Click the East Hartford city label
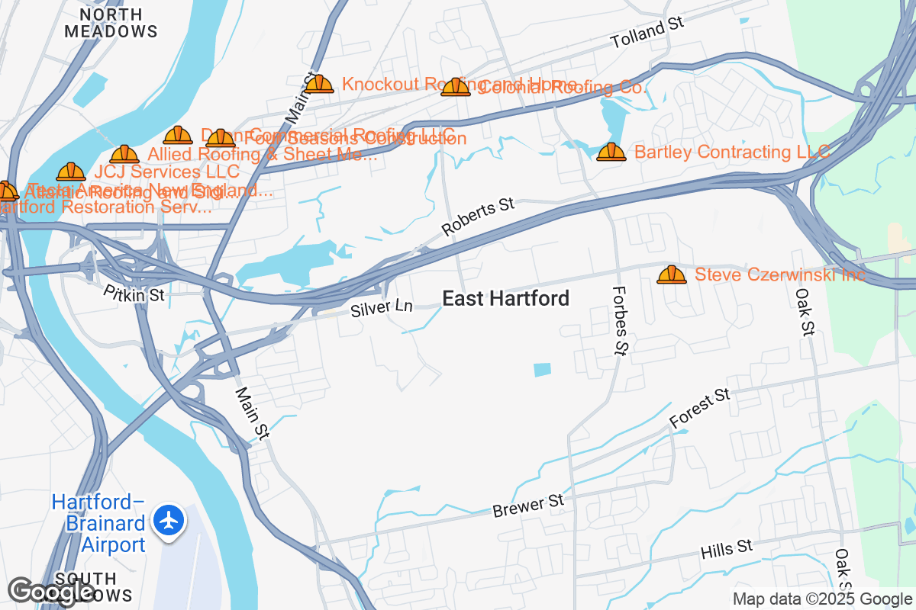[x=506, y=299]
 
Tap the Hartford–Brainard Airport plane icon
[x=169, y=521]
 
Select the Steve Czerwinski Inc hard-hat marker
[x=672, y=274]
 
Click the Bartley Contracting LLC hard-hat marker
[x=611, y=152]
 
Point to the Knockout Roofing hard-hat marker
[x=320, y=85]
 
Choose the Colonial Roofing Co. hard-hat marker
[x=456, y=88]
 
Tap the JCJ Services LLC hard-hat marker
[x=71, y=172]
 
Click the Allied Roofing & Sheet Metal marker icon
[x=124, y=156]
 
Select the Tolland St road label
[x=647, y=32]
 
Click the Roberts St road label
[x=479, y=216]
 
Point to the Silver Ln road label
[x=382, y=308]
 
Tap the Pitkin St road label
[x=134, y=294]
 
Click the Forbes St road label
[x=620, y=320]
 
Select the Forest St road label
[x=700, y=407]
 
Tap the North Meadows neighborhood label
[x=111, y=23]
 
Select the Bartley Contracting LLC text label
[x=732, y=152]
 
